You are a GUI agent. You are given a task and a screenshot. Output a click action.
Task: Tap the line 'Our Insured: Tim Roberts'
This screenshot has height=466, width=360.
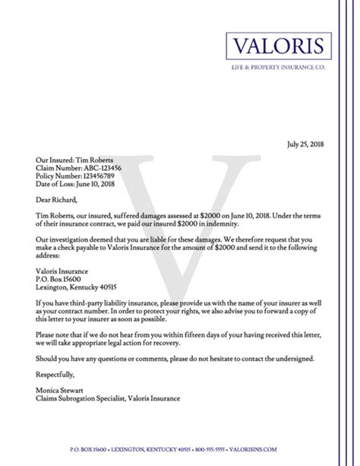pos(74,160)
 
